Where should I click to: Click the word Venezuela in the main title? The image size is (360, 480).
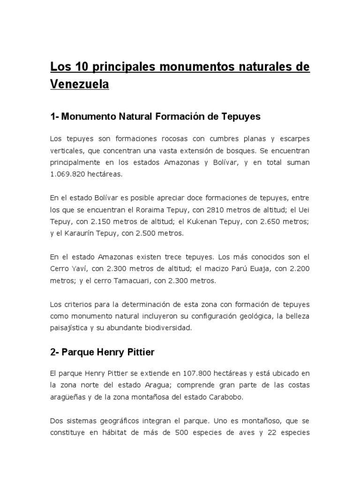coord(79,85)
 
